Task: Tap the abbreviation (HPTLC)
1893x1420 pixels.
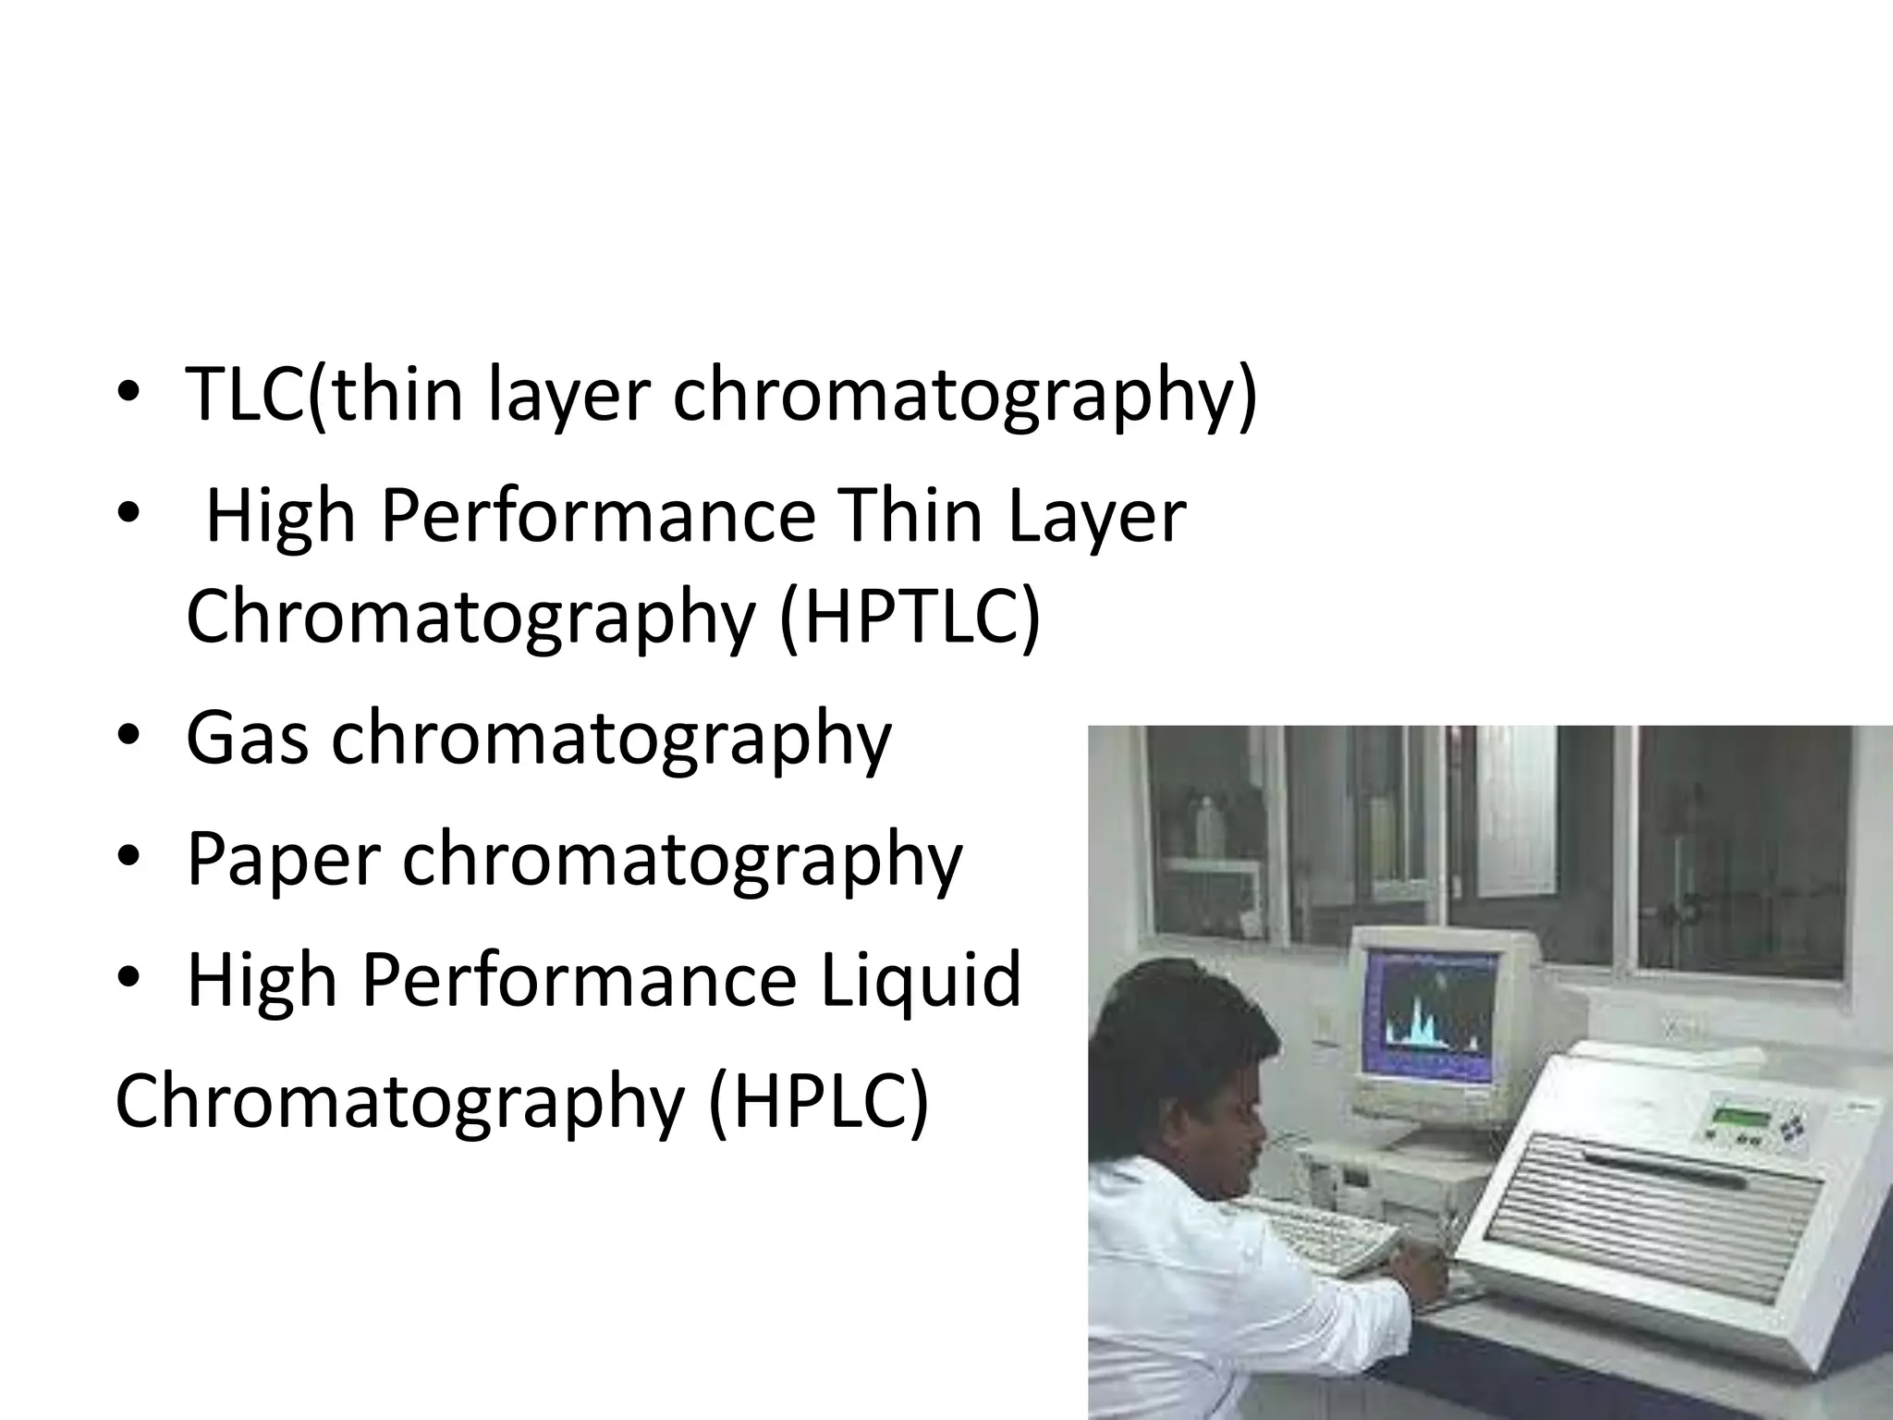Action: [910, 617]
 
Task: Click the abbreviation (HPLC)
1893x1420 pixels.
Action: [817, 1102]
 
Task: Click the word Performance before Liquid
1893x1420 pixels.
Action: [579, 980]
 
